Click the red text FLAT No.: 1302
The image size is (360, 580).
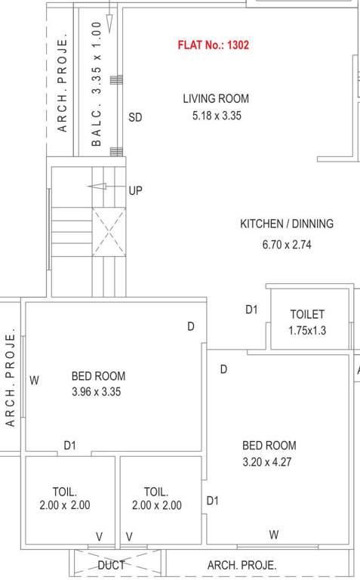(x=213, y=45)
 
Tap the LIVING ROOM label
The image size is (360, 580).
(x=216, y=99)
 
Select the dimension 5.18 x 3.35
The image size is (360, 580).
(x=216, y=116)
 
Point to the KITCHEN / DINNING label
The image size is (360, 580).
(x=286, y=224)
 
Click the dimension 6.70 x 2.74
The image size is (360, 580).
(x=286, y=245)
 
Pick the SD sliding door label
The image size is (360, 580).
(x=135, y=117)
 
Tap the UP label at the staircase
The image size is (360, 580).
(x=135, y=191)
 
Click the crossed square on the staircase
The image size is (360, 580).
(x=108, y=235)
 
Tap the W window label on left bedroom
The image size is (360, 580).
(x=34, y=381)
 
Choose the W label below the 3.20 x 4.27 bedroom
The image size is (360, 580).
(x=274, y=535)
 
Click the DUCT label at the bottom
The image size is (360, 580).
(x=111, y=565)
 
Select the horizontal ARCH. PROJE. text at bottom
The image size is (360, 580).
(x=242, y=565)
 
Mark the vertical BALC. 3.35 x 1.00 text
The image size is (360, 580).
(x=96, y=83)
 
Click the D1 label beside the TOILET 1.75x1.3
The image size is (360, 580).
(x=251, y=310)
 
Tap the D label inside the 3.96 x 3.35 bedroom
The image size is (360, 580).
(x=192, y=326)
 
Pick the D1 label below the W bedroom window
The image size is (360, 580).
(x=69, y=446)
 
